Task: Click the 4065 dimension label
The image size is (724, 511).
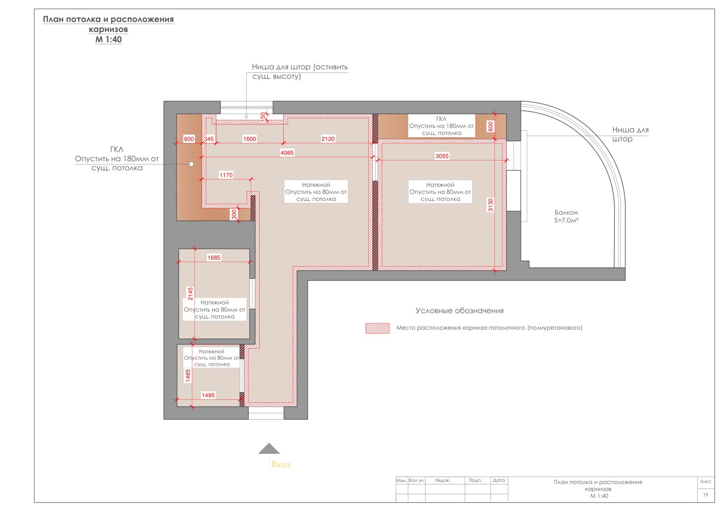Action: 287,153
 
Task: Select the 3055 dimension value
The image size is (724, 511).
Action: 442,156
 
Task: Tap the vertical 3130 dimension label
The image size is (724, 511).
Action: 491,205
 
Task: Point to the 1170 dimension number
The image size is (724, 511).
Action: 226,175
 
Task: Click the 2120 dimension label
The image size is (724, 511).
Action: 328,139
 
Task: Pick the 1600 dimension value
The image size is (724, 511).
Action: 249,139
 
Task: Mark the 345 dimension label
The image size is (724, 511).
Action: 209,139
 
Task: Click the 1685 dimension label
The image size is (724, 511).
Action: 214,257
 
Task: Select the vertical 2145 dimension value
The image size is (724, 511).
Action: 191,293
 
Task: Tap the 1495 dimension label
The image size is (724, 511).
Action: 208,395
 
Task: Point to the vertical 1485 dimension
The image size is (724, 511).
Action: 188,376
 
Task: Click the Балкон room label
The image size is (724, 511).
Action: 566,213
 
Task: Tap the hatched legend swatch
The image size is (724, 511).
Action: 377,328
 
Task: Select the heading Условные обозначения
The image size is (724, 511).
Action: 459,311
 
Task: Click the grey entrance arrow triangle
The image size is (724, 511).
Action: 269,449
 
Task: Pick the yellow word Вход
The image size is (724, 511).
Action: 281,464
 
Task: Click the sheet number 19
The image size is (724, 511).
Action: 705,495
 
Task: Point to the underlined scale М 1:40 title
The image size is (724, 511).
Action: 108,40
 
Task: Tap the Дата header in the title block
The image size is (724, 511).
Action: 499,480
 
